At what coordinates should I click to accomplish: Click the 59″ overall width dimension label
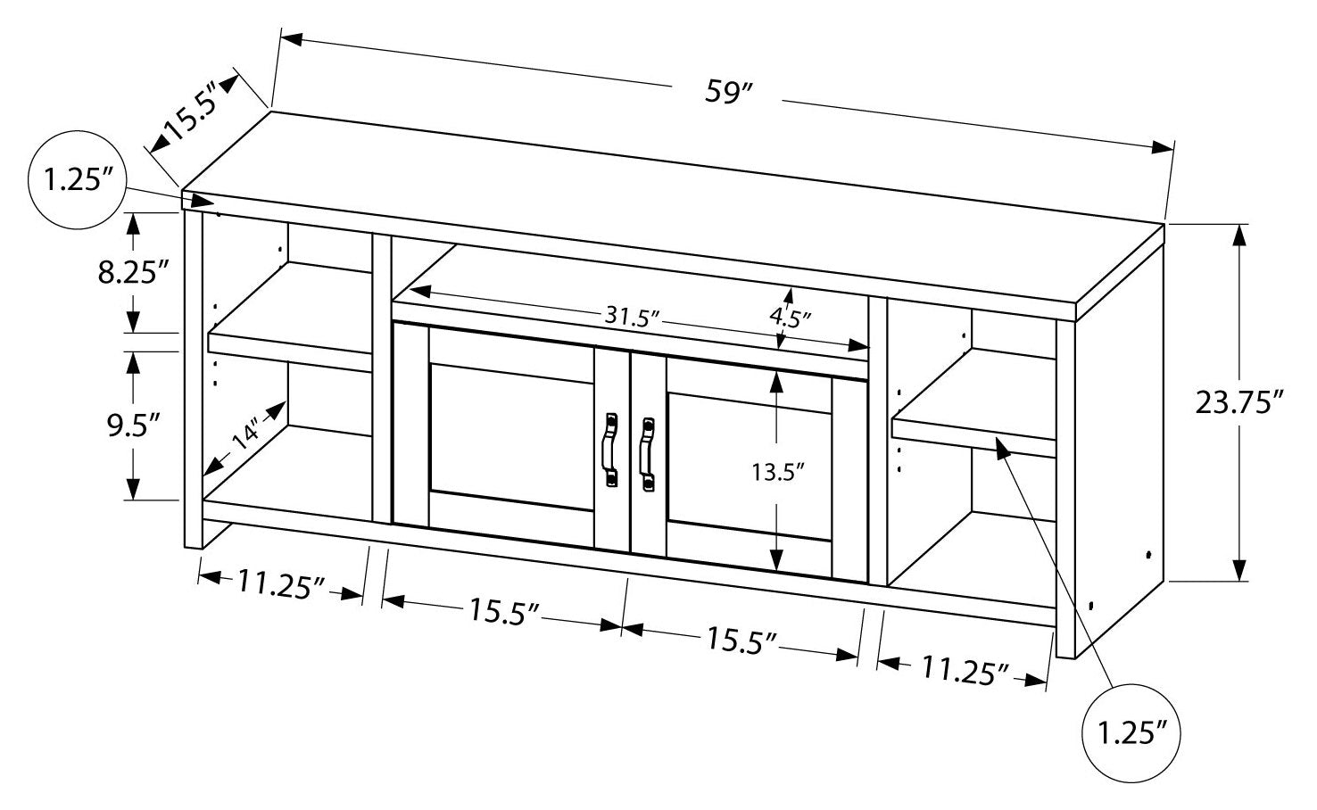click(x=727, y=92)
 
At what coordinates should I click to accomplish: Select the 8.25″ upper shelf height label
click(x=134, y=272)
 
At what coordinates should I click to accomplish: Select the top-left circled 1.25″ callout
click(x=75, y=182)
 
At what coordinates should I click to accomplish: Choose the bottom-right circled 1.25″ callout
click(x=1131, y=733)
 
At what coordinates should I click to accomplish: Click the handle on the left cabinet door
click(x=610, y=450)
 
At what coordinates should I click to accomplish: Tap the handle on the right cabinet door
click(x=646, y=453)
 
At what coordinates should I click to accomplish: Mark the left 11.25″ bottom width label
click(x=279, y=585)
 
